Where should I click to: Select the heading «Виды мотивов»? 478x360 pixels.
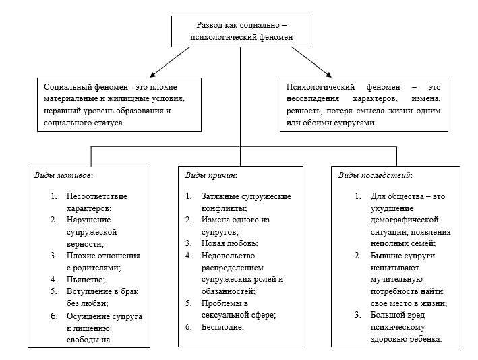coord(63,175)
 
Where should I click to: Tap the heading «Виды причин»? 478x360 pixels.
coord(210,175)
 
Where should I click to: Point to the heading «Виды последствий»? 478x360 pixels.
coord(375,175)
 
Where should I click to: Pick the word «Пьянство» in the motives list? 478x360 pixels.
coord(86,279)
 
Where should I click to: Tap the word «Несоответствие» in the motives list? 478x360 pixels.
coord(96,196)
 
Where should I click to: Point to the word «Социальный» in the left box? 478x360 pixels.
coord(66,87)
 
